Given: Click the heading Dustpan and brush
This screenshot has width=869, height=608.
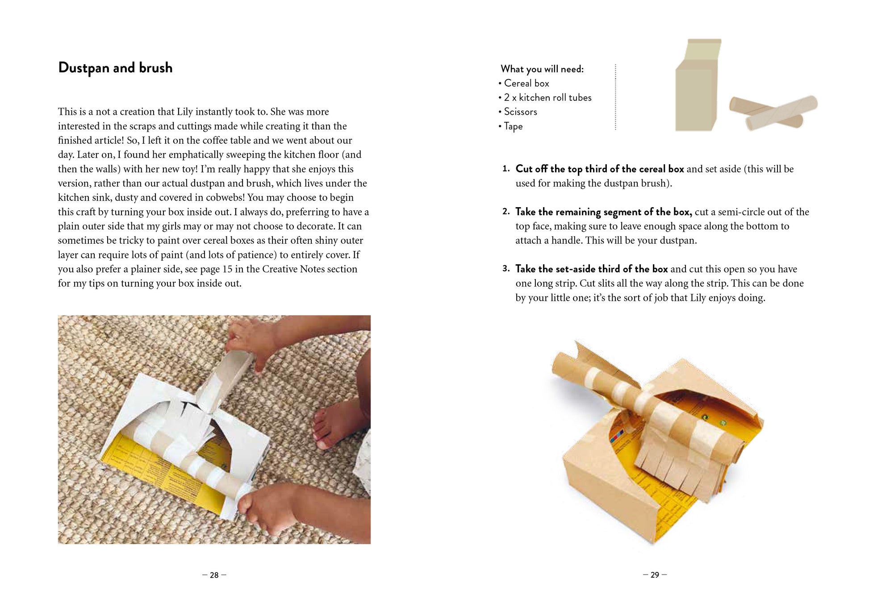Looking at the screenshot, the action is [115, 68].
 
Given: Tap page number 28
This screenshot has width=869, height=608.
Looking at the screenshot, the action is [214, 575].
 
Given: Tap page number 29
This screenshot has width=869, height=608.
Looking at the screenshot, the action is [655, 575].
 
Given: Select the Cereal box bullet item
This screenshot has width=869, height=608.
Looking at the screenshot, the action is [524, 83].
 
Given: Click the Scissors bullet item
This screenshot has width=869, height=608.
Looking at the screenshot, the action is [518, 112].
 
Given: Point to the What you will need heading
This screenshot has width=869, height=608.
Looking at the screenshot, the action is [542, 69].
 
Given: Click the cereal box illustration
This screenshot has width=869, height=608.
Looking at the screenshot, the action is [698, 85].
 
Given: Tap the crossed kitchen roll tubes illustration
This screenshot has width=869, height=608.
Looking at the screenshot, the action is [773, 112].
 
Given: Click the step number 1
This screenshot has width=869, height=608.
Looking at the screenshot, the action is [506, 169].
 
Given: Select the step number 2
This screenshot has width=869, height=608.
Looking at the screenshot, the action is [506, 212].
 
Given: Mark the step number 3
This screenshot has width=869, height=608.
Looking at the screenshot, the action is [506, 269].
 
